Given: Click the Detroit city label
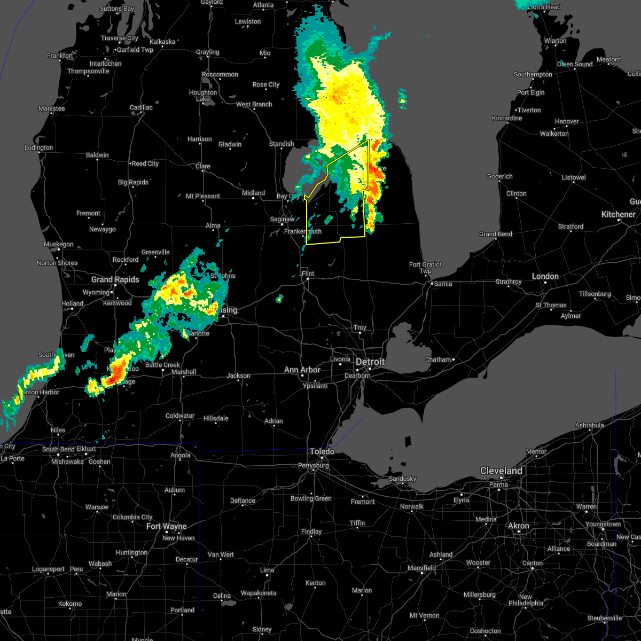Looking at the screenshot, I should coord(370,362).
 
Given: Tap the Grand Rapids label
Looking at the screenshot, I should coord(115,279).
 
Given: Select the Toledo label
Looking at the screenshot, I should coord(322,451).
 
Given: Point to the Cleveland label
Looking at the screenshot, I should coord(501,471).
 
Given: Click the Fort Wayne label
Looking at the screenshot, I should coord(167,526).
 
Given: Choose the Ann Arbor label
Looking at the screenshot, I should coord(302,370).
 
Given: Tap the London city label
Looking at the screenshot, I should coord(545,276).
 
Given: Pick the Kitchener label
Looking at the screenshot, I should coord(619,214).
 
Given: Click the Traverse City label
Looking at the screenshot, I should coord(120,38).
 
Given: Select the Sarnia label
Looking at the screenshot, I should coord(443,284).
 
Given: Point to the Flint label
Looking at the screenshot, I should coord(308,273).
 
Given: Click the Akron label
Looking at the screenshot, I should coord(518,526).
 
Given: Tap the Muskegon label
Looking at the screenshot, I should coord(58,244).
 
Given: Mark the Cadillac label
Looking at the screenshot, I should coord(141,107).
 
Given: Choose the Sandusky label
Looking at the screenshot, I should coord(402,479).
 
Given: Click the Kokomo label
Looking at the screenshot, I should coord(70,604).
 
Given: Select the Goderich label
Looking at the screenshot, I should coord(500,176).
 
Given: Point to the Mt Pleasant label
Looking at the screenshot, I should coord(203,196).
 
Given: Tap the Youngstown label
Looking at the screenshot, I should coord(603,524).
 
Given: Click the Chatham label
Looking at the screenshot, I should coord(439,359).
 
